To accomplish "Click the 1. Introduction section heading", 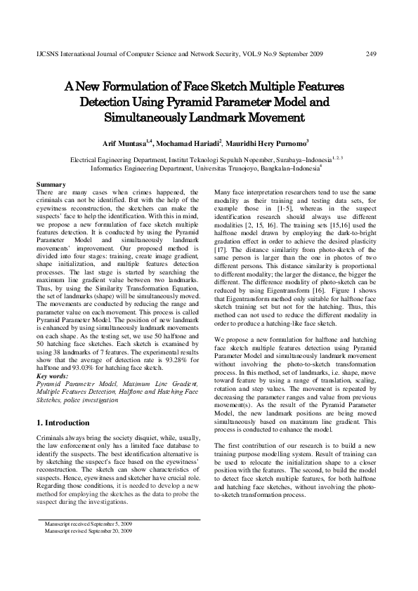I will point(63,423).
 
